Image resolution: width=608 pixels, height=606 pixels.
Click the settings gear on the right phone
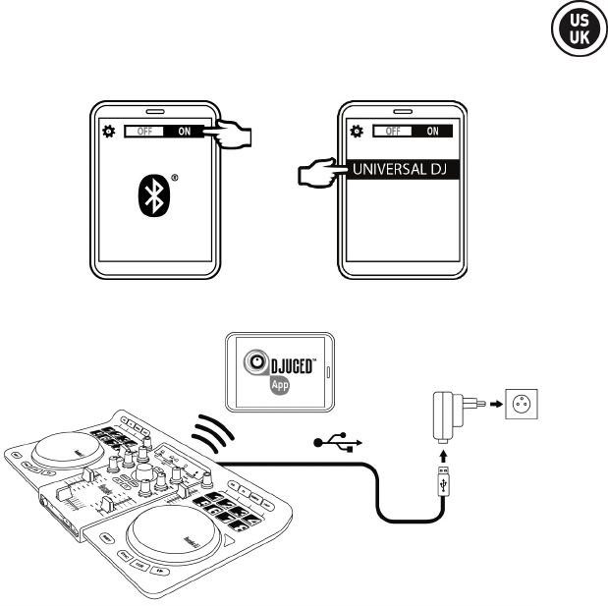357,130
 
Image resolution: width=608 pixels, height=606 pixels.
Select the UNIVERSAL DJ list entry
402,169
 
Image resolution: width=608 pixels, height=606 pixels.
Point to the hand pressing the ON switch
234,132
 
